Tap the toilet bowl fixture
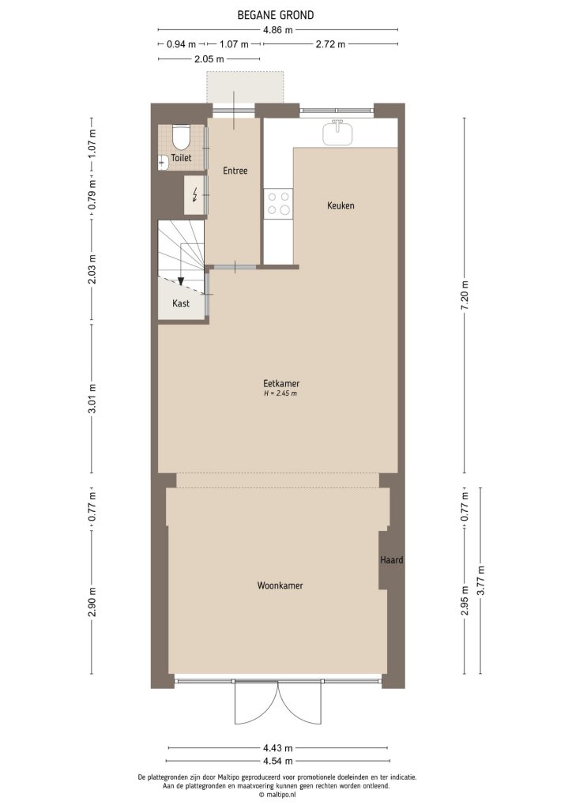(x=181, y=137)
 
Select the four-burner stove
(x=278, y=203)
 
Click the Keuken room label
(x=341, y=205)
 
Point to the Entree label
(x=235, y=171)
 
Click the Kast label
(x=180, y=303)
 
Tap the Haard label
(x=391, y=560)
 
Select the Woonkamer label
(x=280, y=585)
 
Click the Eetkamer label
(x=280, y=384)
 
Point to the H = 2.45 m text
(x=280, y=393)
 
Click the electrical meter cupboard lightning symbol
(x=195, y=195)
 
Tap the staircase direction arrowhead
(x=181, y=280)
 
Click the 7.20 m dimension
(x=466, y=297)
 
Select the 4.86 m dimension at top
(x=277, y=30)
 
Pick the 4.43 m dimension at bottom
(x=277, y=747)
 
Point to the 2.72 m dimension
(x=329, y=44)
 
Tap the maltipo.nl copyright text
(x=277, y=795)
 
